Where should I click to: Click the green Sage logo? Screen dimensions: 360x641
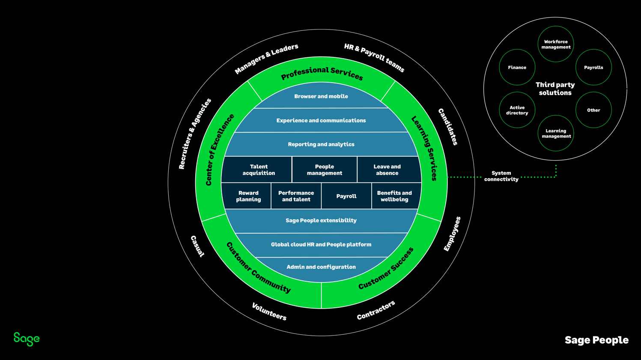pyautogui.click(x=27, y=339)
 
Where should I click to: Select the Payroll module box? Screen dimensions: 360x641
pyautogui.click(x=346, y=196)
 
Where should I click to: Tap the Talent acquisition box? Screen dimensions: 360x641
pyautogui.click(x=259, y=170)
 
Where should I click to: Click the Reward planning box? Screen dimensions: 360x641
pyautogui.click(x=248, y=196)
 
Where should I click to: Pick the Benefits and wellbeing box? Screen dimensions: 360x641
pyautogui.click(x=394, y=196)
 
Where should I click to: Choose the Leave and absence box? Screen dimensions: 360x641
pyautogui.click(x=387, y=170)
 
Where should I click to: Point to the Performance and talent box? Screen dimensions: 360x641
pyautogui.click(x=296, y=196)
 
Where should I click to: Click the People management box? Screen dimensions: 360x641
pyautogui.click(x=324, y=170)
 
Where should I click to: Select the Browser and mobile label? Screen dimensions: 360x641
pyautogui.click(x=321, y=96)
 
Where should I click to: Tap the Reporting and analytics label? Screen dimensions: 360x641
pyautogui.click(x=321, y=144)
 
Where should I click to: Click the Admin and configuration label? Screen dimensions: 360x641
pyautogui.click(x=321, y=267)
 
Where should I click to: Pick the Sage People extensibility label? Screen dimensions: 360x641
pyautogui.click(x=321, y=220)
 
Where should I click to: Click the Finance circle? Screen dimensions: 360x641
pyautogui.click(x=517, y=68)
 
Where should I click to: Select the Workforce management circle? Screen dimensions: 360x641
pyautogui.click(x=555, y=45)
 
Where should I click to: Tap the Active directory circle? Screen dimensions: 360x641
pyautogui.click(x=517, y=110)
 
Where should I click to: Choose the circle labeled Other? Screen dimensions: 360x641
pyautogui.click(x=593, y=110)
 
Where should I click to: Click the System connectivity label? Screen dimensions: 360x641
pyautogui.click(x=501, y=176)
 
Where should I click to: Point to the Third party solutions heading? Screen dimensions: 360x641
pyautogui.click(x=555, y=89)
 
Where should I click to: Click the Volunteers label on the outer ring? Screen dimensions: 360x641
pyautogui.click(x=269, y=312)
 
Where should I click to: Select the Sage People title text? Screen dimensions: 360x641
pyautogui.click(x=596, y=340)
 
